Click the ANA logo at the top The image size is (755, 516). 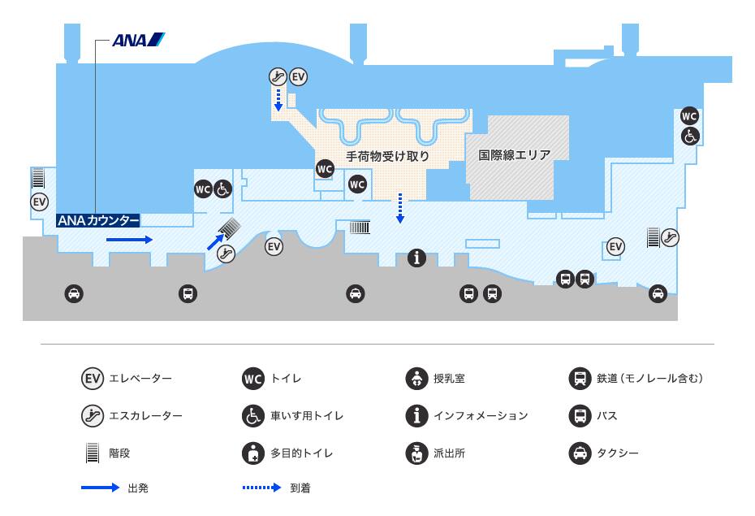click(x=139, y=40)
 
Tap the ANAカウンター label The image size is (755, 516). click(x=98, y=221)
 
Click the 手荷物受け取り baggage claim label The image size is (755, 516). click(x=387, y=156)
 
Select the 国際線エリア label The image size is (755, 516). click(x=514, y=155)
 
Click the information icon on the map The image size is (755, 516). click(x=417, y=258)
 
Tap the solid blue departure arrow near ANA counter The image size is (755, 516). click(x=129, y=240)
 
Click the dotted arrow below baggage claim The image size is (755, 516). click(x=399, y=208)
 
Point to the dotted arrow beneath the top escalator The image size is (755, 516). click(x=278, y=100)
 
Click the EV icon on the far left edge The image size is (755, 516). click(x=40, y=202)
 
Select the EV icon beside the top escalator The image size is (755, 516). click(x=299, y=76)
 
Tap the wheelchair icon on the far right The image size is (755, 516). click(x=690, y=137)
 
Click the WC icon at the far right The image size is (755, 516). click(x=689, y=116)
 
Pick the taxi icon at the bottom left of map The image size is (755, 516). click(x=74, y=293)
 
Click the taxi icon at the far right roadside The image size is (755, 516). click(x=658, y=293)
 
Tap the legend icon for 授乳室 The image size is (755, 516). click(x=417, y=379)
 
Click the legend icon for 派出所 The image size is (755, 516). click(x=417, y=453)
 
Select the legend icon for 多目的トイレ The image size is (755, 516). click(x=253, y=453)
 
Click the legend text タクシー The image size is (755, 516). click(x=618, y=453)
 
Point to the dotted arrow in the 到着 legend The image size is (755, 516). click(x=261, y=488)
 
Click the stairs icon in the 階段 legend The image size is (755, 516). click(x=92, y=453)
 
